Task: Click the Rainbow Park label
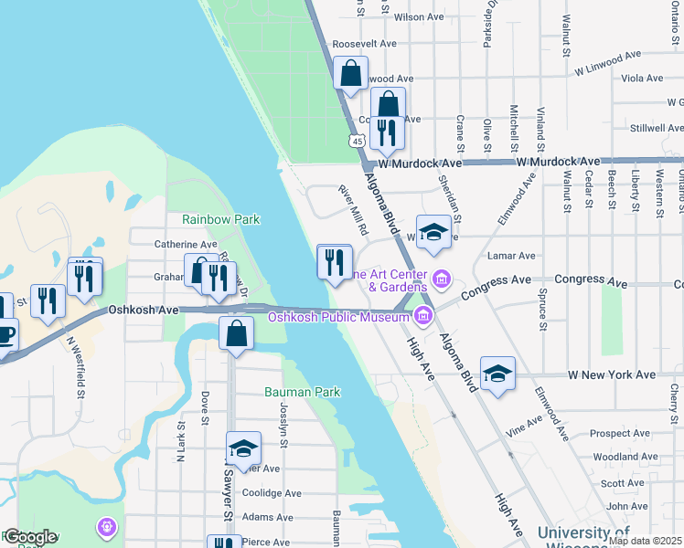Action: pyautogui.click(x=220, y=219)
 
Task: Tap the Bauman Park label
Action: pyautogui.click(x=302, y=392)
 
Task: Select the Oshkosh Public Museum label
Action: pyautogui.click(x=338, y=317)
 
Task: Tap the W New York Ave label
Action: pyautogui.click(x=612, y=374)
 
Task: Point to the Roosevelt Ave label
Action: pyautogui.click(x=364, y=43)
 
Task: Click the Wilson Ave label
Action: pyautogui.click(x=411, y=16)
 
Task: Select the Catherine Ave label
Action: pyautogui.click(x=186, y=244)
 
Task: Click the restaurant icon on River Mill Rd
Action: pyautogui.click(x=334, y=263)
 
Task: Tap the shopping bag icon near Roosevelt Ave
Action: pyautogui.click(x=350, y=73)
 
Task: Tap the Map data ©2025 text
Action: pyautogui.click(x=645, y=541)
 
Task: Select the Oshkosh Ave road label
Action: pyautogui.click(x=144, y=310)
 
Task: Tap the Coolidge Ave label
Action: pyautogui.click(x=272, y=493)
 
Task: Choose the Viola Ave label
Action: pyautogui.click(x=642, y=79)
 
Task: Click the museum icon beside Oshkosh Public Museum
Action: pyautogui.click(x=422, y=317)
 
